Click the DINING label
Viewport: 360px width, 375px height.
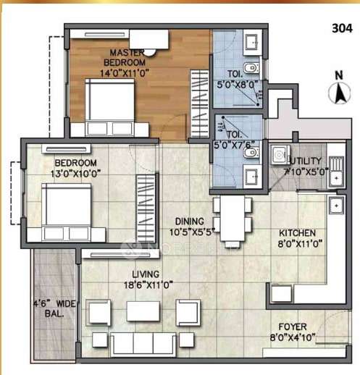188,221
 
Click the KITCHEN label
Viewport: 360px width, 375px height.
298,233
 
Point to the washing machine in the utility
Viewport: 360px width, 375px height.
277,155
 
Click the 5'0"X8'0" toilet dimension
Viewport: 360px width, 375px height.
237,83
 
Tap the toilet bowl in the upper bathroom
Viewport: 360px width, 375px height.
250,69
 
